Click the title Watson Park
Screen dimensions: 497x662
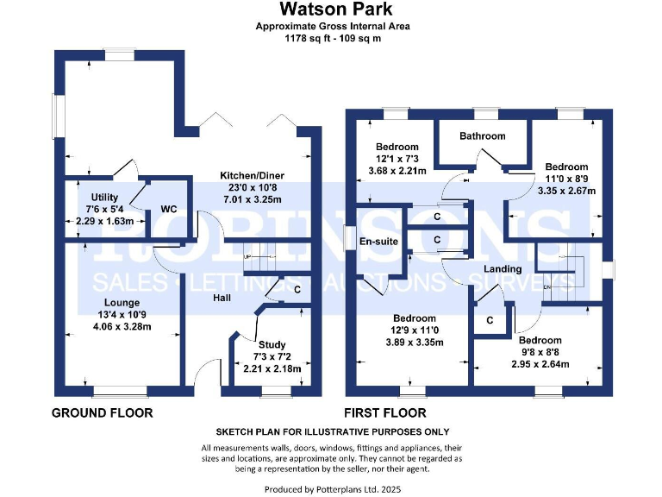[x=332, y=10]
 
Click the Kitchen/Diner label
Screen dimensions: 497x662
[x=252, y=176]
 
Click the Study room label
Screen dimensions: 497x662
[x=269, y=344]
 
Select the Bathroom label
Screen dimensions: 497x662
[x=482, y=136]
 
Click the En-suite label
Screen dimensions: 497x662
[x=378, y=241]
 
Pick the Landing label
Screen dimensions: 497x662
[x=503, y=270]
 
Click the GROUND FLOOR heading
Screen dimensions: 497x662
[x=103, y=413]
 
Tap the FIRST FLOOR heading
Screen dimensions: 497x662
[x=385, y=413]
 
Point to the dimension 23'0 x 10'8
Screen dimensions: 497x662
[x=252, y=187]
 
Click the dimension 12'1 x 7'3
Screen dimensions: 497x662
[x=397, y=159]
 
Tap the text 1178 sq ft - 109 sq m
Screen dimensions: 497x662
[x=332, y=39]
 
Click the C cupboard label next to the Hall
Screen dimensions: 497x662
[x=297, y=290]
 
